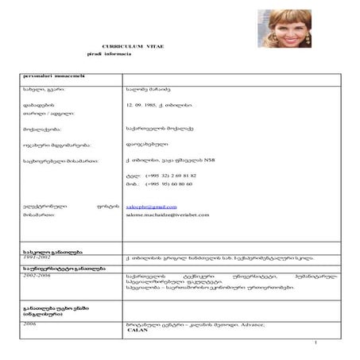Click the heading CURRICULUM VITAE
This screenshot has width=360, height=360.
tap(138, 48)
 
